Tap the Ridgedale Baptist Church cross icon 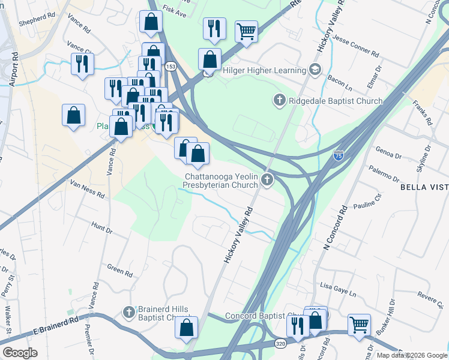tap(279, 100)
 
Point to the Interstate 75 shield tap(339, 155)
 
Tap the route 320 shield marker tap(281, 338)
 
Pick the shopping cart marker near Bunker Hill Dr tap(359, 325)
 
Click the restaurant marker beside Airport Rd tap(82, 64)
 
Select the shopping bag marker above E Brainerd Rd tap(187, 328)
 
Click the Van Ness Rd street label tap(88, 190)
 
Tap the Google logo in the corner tap(19, 353)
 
